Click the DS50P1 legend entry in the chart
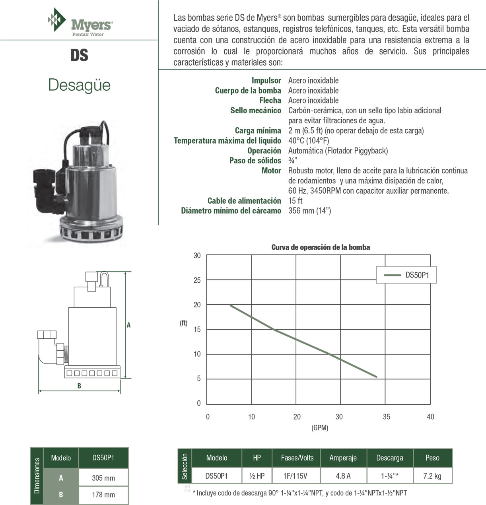click(406, 275)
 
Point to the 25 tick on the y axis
click(197, 280)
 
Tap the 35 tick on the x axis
click(387, 417)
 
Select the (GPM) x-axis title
click(320, 428)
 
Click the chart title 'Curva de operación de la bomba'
click(321, 247)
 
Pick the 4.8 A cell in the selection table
click(343, 476)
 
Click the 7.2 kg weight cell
click(432, 476)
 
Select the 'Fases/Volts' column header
click(297, 458)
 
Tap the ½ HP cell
click(257, 476)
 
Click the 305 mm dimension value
click(103, 478)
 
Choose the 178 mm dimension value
click(103, 495)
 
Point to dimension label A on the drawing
click(128, 325)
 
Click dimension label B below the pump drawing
click(79, 386)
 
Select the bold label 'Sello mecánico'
click(256, 111)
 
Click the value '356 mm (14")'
click(309, 211)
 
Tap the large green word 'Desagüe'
click(79, 85)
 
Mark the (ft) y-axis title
click(183, 323)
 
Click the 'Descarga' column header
click(390, 458)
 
